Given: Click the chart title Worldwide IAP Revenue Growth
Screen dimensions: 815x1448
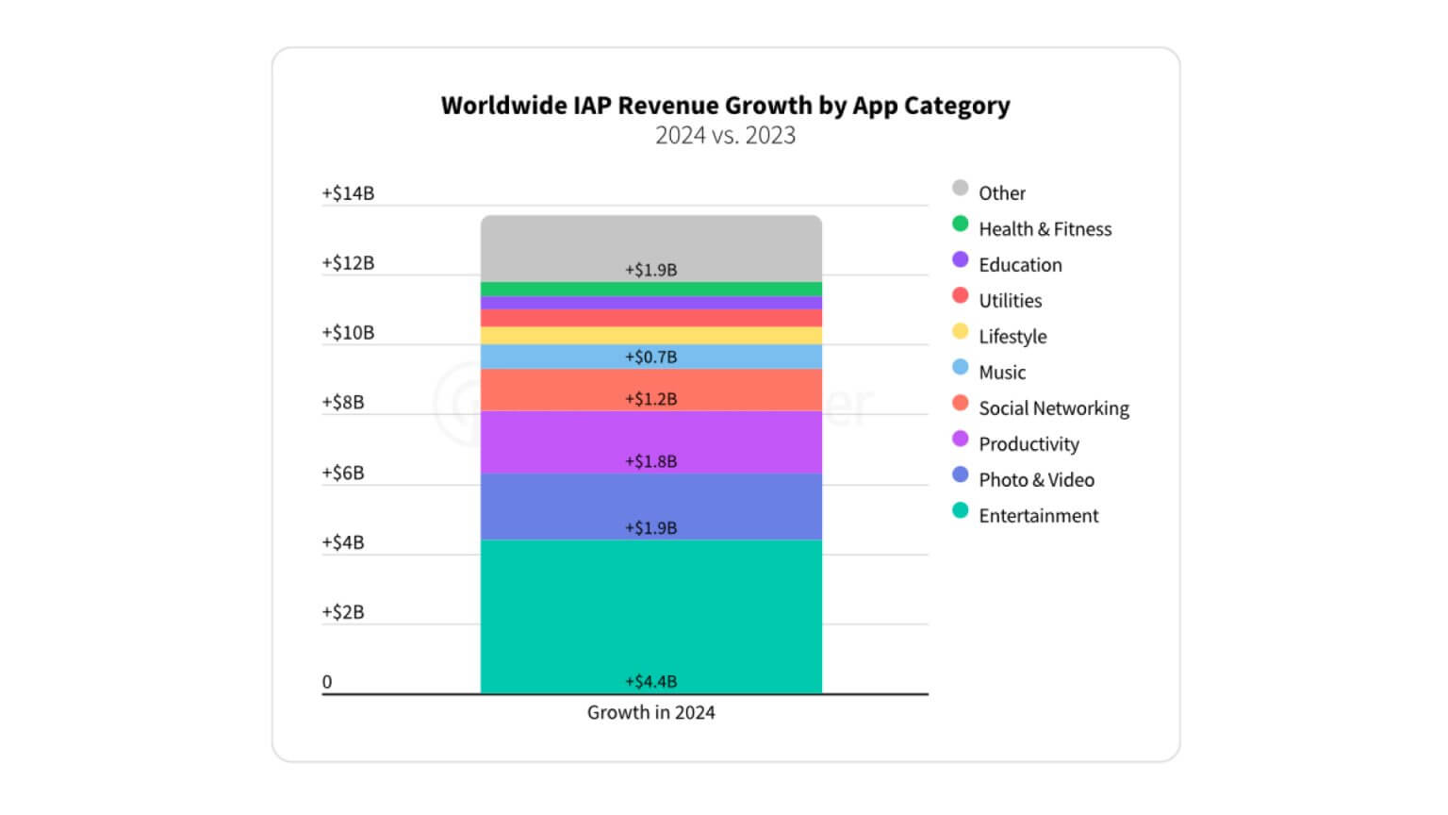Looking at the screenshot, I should click(725, 106).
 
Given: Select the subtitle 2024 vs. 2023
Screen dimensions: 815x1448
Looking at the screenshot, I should click(725, 136).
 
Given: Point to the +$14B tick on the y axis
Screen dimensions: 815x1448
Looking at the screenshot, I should click(348, 193).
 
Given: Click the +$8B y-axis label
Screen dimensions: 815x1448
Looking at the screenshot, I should click(342, 403).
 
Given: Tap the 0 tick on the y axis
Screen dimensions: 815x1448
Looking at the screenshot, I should click(327, 682).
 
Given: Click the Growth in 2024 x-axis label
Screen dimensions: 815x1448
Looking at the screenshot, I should click(650, 713).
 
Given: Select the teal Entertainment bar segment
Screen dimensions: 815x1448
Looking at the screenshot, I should click(650, 613).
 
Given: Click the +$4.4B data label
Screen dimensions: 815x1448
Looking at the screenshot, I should click(650, 682).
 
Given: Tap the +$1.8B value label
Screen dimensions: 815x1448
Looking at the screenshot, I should click(650, 461).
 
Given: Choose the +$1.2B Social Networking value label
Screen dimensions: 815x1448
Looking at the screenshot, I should click(650, 399).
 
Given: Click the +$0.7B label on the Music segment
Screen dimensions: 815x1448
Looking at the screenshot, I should click(650, 358).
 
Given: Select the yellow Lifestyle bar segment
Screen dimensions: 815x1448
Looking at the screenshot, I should click(650, 336).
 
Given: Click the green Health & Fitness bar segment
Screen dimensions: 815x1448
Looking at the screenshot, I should click(650, 289).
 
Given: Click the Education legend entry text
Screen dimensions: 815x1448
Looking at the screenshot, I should click(1020, 265).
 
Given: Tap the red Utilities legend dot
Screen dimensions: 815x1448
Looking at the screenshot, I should click(960, 296).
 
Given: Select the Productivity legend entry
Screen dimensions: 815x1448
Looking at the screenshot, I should click(1028, 444).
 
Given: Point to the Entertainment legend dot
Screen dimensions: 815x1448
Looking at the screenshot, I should click(960, 511).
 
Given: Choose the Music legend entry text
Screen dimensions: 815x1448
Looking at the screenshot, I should click(1002, 373).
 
